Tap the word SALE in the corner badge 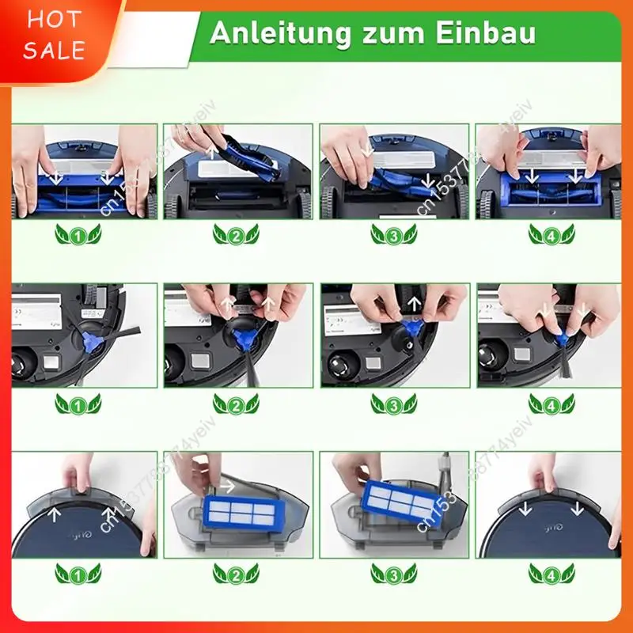pyautogui.click(x=54, y=51)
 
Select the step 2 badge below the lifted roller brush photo pyautogui.click(x=236, y=235)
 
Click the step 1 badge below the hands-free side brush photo pyautogui.click(x=78, y=404)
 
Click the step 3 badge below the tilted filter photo pyautogui.click(x=393, y=573)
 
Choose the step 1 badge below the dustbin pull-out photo pyautogui.click(x=78, y=573)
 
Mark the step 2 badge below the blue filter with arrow pyautogui.click(x=236, y=573)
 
